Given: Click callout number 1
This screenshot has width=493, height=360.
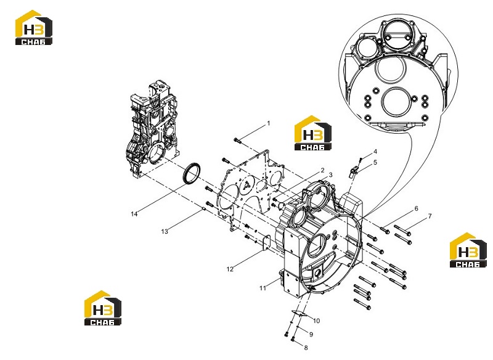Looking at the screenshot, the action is pos(269,123).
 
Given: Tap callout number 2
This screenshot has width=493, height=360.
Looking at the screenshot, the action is pos(322,170).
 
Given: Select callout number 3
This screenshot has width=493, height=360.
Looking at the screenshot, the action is pos(330,175).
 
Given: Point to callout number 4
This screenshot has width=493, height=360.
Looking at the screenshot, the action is pos(375,152).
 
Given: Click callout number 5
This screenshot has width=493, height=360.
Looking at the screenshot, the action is pos(375,162).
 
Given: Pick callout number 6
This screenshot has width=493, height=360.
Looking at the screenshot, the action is pos(417,208).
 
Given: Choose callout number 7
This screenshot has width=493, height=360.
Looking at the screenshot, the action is pos(430,216).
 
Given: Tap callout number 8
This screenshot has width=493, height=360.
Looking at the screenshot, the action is pos(306,348).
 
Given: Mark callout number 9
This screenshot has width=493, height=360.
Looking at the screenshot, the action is pos(311,334).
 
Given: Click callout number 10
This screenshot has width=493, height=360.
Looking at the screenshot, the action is pos(316,321).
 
